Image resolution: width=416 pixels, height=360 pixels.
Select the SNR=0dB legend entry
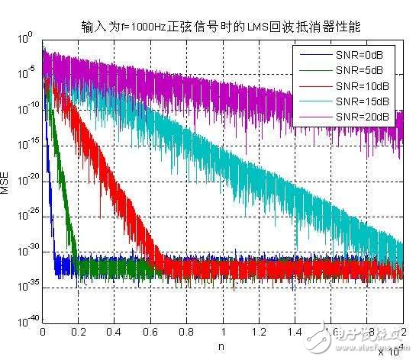click(363, 56)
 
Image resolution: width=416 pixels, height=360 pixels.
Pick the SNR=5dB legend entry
click(363, 71)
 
